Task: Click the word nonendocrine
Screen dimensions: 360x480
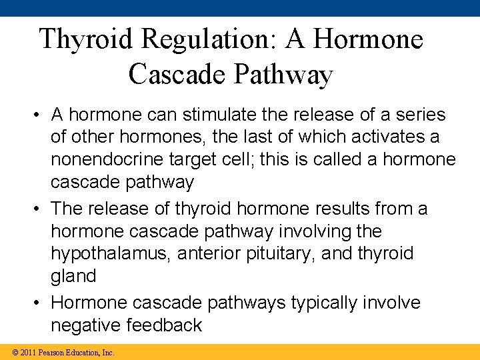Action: pos(110,160)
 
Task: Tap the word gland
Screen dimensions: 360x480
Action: pos(73,277)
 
